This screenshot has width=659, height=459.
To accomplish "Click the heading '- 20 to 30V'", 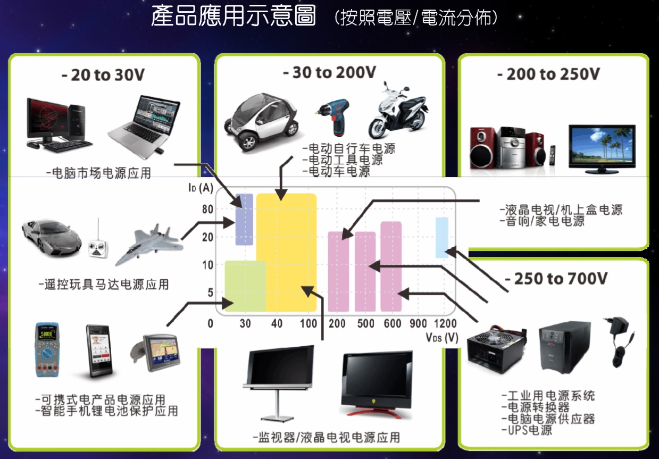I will pyautogui.click(x=103, y=75).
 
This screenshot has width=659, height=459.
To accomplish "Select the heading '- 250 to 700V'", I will pyautogui.click(x=555, y=279).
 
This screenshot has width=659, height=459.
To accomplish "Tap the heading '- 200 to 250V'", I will pyautogui.click(x=548, y=74).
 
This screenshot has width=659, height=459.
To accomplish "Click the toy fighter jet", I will pyautogui.click(x=148, y=243).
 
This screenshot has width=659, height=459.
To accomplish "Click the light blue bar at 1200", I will pyautogui.click(x=442, y=237).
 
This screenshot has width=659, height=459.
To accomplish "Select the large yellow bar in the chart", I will pyautogui.click(x=286, y=253).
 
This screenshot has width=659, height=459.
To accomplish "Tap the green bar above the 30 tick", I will pyautogui.click(x=245, y=286).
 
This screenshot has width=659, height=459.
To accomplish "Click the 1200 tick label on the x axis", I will pyautogui.click(x=445, y=323).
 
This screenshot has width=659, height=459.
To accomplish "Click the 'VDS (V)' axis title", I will pyautogui.click(x=442, y=337).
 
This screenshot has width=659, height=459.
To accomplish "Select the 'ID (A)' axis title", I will pyautogui.click(x=201, y=187).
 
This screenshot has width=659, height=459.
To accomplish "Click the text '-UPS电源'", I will pyautogui.click(x=527, y=430).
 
